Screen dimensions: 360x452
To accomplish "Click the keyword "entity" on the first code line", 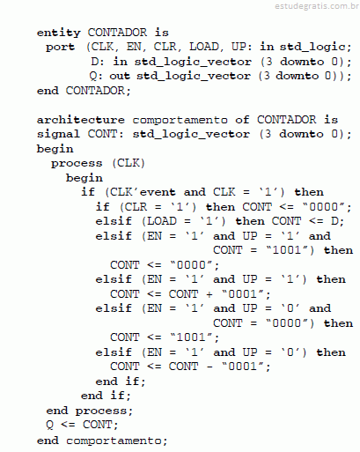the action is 59,33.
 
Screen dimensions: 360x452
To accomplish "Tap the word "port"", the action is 61,47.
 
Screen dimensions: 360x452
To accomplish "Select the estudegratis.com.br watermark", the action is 317,6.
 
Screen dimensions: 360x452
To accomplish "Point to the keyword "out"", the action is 120,76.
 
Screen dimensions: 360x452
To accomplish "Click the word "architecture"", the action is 81,120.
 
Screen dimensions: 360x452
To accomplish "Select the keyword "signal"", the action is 58,135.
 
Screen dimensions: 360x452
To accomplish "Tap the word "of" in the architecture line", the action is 242,119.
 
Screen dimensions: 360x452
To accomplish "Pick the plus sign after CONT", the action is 209,294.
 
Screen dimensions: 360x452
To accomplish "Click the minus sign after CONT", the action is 209,367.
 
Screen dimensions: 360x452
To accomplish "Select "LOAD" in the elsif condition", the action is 162,221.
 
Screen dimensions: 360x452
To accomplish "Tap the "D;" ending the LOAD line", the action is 337,221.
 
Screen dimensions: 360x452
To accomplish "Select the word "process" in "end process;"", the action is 101,411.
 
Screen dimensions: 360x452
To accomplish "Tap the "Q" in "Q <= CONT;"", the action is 49,425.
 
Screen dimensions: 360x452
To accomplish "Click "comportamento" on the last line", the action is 114,441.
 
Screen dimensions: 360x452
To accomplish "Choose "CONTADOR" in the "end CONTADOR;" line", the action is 95,91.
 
